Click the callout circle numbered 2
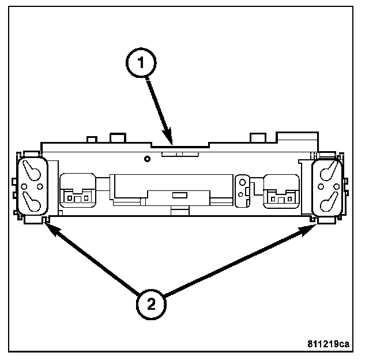coord(150,304)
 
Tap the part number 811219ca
coord(327,344)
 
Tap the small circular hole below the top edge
coord(147,159)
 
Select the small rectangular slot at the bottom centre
coord(179,196)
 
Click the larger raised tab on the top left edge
coord(118,138)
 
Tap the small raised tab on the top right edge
coord(256,138)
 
